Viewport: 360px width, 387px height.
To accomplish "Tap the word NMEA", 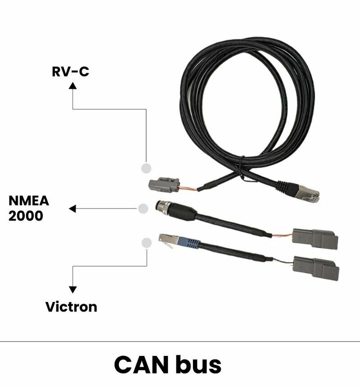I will (29, 201).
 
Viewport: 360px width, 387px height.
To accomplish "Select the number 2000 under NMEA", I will (26, 216).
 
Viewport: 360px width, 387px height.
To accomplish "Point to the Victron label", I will (71, 307).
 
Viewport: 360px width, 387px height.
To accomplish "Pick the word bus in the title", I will (200, 364).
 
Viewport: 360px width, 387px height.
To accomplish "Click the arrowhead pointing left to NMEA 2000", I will (72, 209).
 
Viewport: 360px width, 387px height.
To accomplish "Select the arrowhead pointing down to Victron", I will (73, 290).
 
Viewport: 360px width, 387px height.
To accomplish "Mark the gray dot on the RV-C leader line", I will (146, 168).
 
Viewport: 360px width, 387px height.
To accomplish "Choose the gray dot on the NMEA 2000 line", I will (143, 209).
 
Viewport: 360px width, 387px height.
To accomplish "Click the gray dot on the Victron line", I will (146, 243).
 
